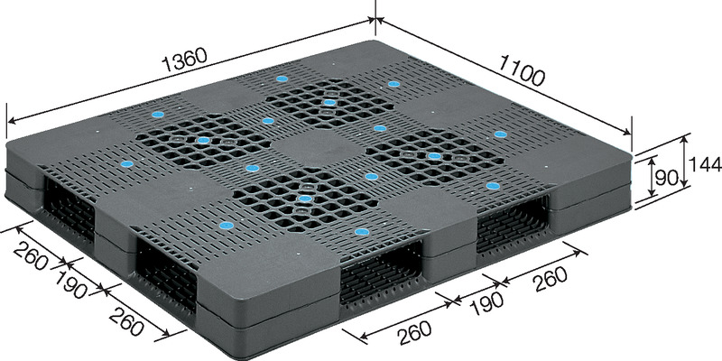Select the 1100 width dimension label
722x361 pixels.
click(x=522, y=72)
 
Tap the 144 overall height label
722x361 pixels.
click(x=705, y=163)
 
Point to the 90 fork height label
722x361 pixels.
click(x=666, y=177)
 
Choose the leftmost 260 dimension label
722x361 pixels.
click(x=31, y=256)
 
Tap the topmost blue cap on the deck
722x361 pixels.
click(x=282, y=79)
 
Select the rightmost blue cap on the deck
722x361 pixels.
click(x=501, y=134)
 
